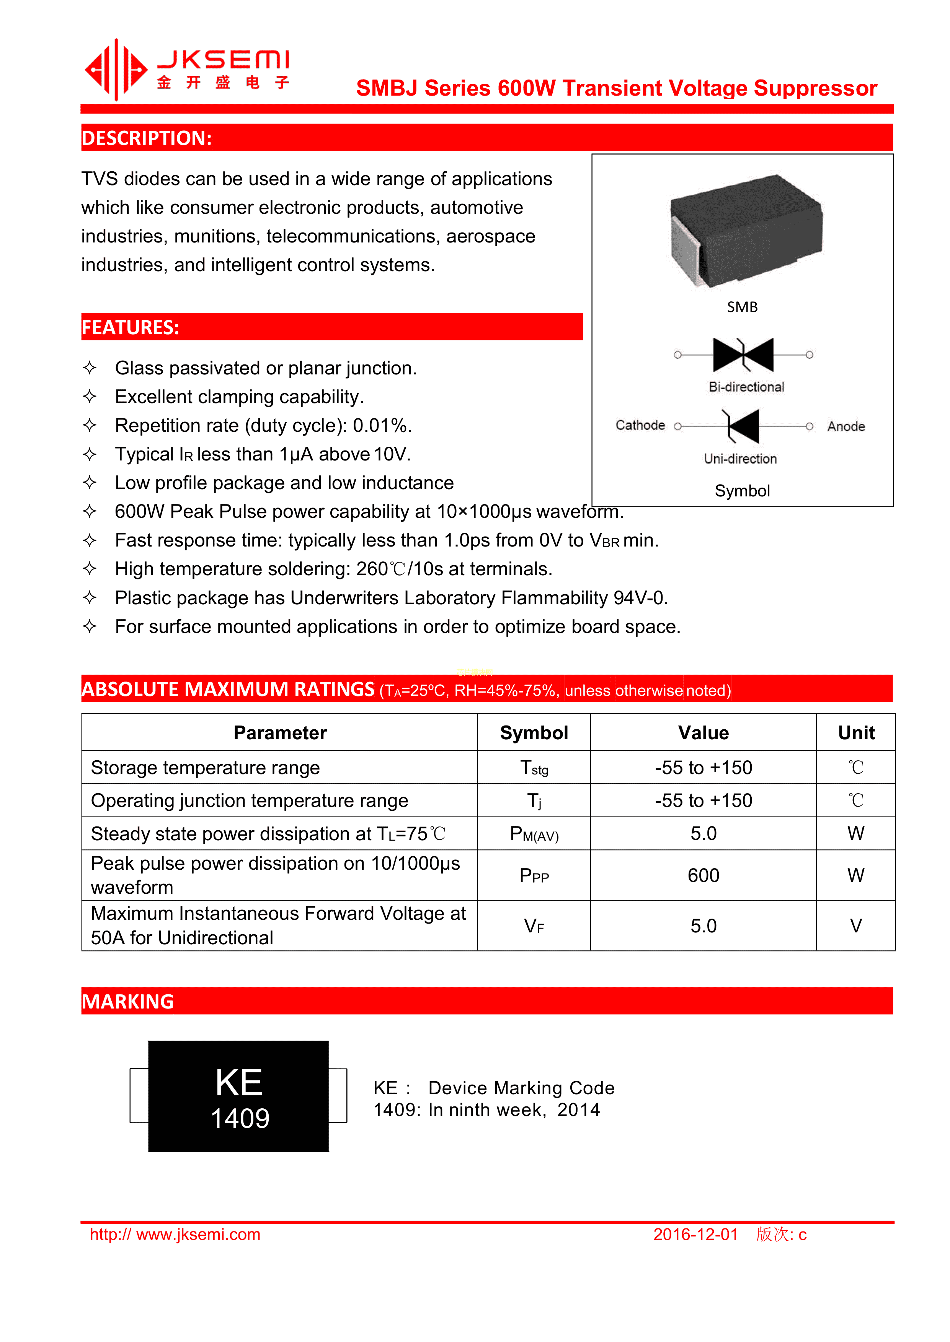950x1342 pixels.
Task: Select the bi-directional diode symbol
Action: [x=743, y=355]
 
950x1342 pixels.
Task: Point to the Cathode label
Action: [x=640, y=426]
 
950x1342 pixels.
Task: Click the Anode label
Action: [x=846, y=427]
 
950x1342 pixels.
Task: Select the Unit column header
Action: [x=856, y=733]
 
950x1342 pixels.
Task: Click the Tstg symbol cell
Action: [x=534, y=768]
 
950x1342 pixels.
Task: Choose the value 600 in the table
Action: [x=703, y=875]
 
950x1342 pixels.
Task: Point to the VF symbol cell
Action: [x=534, y=926]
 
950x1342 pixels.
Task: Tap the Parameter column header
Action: [x=280, y=733]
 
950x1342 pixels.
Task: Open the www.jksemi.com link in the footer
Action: [x=175, y=1235]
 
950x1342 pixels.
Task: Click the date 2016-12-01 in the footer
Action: [x=695, y=1235]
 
